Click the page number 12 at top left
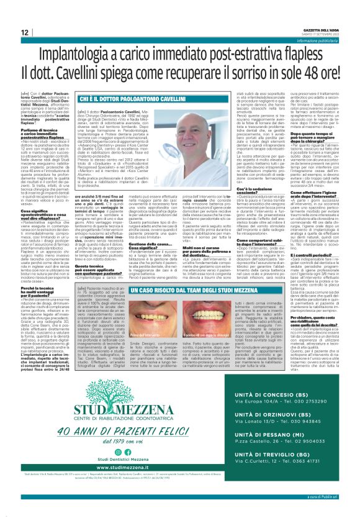click(24, 32)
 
